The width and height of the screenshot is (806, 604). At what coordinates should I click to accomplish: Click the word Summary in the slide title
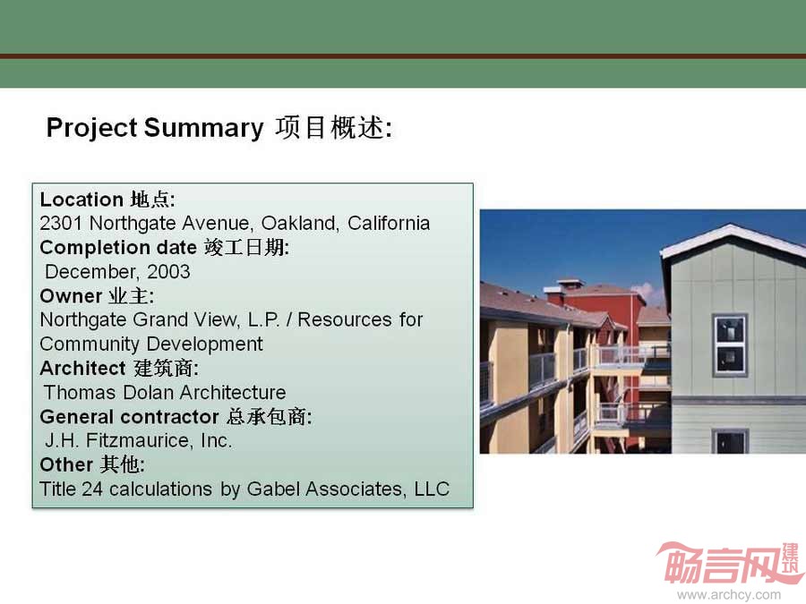[203, 128]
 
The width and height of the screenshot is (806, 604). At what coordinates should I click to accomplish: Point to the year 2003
[168, 272]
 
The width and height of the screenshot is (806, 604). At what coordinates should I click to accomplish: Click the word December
[92, 272]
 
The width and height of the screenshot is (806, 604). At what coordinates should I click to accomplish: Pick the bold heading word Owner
[71, 296]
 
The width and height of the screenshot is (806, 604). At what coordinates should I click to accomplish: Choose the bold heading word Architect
[82, 369]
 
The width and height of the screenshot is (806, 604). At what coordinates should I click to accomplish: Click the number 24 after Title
[92, 489]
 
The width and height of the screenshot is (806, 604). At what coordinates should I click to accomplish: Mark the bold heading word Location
[81, 200]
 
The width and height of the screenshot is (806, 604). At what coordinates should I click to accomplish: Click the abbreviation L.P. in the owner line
[263, 320]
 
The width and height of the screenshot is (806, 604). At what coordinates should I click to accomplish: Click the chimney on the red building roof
[570, 285]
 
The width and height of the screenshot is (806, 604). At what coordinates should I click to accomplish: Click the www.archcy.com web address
[729, 595]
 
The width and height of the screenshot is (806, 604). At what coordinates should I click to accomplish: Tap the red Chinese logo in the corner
[729, 564]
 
